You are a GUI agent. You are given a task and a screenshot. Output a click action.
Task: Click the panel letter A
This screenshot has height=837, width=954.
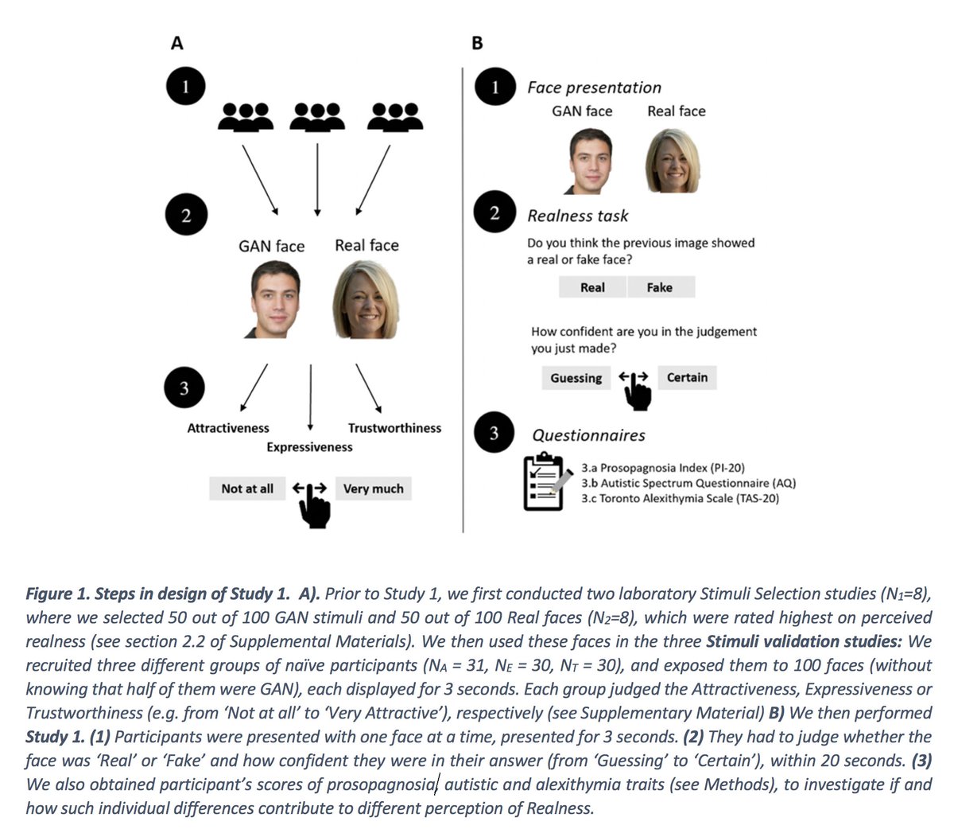[x=176, y=43]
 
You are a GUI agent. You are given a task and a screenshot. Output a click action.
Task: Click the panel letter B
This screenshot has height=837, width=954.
[x=477, y=43]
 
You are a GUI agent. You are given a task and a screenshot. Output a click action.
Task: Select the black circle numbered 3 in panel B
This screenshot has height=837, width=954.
[x=494, y=434]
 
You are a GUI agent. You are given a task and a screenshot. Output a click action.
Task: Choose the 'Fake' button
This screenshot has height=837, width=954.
[x=660, y=287]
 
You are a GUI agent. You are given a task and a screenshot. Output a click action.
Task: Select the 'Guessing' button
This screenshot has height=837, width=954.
[x=576, y=378]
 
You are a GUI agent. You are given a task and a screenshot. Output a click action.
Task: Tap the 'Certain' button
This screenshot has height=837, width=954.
[x=687, y=377]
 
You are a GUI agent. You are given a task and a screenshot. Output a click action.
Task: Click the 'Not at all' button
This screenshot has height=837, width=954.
[x=246, y=489]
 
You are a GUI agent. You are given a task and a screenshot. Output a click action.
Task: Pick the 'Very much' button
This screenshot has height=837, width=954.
[x=373, y=489]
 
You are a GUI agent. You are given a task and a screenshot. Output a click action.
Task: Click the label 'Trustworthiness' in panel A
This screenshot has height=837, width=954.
[x=394, y=428]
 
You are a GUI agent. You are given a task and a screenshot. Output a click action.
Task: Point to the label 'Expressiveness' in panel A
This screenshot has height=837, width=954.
[x=309, y=447]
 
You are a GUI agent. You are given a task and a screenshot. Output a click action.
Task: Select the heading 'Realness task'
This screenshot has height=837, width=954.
[x=577, y=216]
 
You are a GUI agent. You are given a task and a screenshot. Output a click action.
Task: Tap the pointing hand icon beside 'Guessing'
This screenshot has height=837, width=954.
[x=636, y=388]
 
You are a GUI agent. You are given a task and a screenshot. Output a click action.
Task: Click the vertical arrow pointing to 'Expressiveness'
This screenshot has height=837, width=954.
[x=310, y=398]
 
